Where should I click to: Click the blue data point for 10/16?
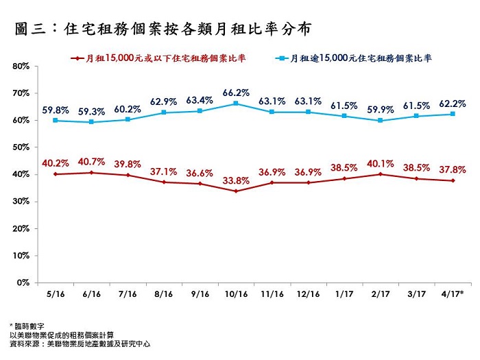236,104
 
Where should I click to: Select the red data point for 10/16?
236,191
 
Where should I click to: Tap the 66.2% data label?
236,92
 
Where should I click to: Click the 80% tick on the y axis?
20,67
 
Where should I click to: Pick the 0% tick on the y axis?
23,283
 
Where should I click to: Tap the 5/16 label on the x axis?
55,293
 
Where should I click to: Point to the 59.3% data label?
91,111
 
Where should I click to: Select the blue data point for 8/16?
163,112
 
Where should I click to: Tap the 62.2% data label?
453,104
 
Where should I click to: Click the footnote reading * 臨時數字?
28,325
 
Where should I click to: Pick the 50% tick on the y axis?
20,147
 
